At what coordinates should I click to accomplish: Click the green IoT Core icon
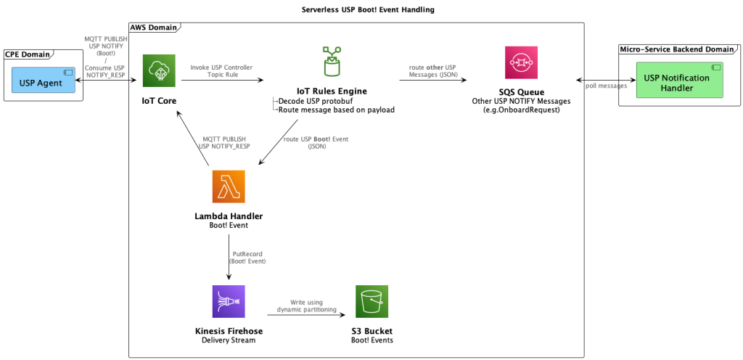coord(159,71)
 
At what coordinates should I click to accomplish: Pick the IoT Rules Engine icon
coord(332,63)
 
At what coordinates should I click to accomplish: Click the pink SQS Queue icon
coord(521,62)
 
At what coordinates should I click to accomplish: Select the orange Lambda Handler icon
coord(229,187)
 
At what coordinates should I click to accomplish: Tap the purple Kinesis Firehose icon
coord(229,302)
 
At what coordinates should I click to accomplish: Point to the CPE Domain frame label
coord(28,54)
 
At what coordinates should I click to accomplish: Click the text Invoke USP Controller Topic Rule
coord(221,71)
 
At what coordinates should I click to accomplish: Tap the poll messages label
coord(604,86)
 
